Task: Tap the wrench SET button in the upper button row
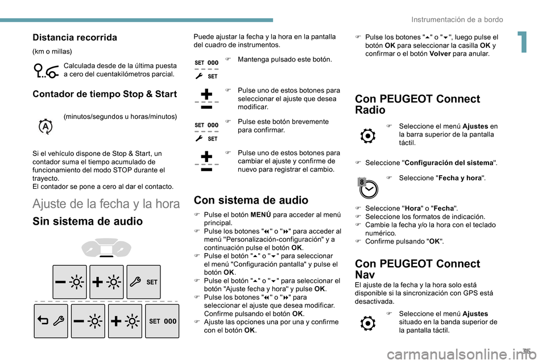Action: coord(143,282)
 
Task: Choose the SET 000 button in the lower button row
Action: coord(162,321)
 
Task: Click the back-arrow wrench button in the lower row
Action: coord(51,321)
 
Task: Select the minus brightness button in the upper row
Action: coord(69,282)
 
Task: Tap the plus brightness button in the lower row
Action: coord(125,321)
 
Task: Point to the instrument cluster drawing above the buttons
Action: coord(107,248)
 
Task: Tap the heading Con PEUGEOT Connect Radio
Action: coord(417,104)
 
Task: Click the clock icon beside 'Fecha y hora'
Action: coord(368,187)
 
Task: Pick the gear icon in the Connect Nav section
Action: coord(368,324)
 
